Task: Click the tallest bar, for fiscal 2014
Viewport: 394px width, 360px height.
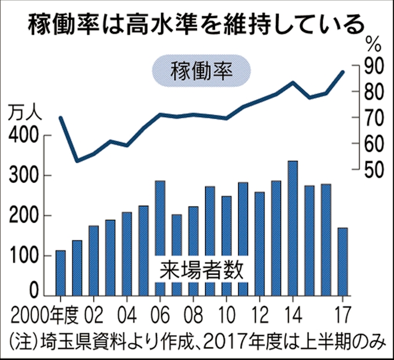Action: point(293,228)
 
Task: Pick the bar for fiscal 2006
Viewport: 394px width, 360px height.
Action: point(160,238)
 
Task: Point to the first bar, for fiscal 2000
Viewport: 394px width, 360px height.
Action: point(60,273)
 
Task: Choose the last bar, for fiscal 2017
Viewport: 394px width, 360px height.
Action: point(342,261)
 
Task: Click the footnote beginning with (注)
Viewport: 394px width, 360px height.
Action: point(197,340)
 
